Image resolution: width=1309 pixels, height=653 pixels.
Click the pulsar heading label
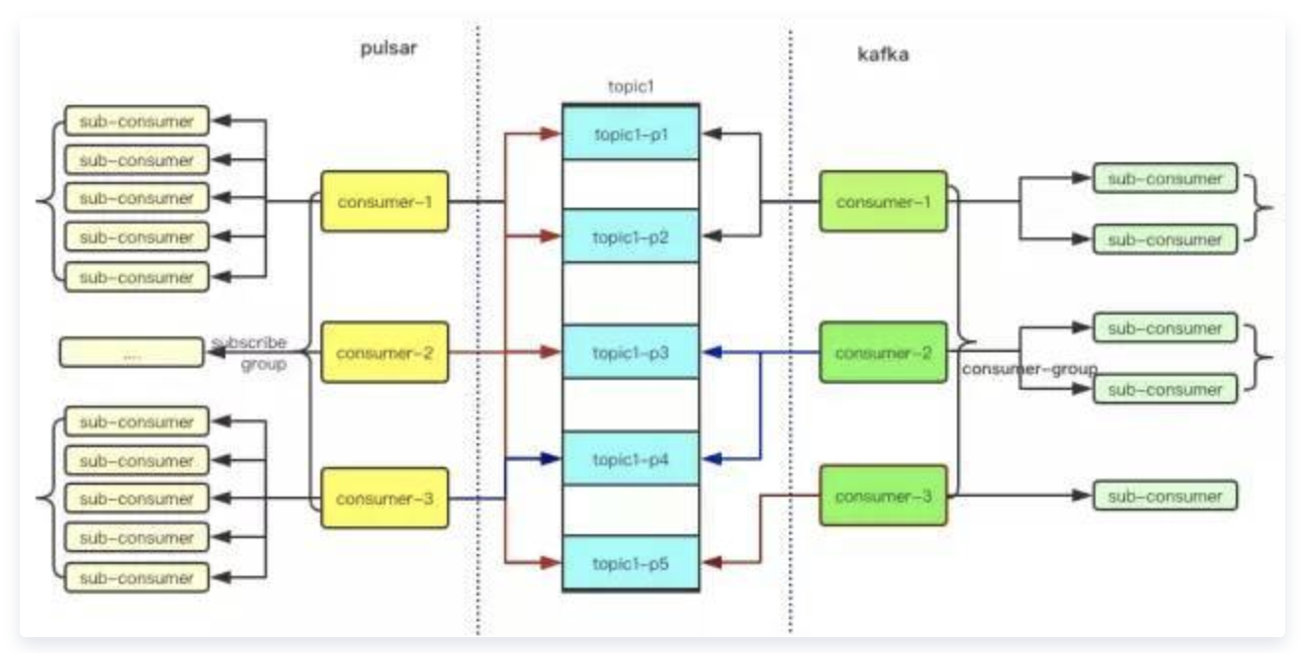coord(389,50)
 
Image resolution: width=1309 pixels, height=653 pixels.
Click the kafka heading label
coord(882,54)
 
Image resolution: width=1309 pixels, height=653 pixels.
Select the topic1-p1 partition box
coord(631,133)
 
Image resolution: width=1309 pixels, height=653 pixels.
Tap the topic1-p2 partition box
coord(631,236)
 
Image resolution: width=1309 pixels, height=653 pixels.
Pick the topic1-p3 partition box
coord(631,351)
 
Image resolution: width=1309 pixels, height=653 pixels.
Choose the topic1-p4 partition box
coord(631,458)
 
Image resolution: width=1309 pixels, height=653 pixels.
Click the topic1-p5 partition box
coord(631,563)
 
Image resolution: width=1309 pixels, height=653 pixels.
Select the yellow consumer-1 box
coord(385,202)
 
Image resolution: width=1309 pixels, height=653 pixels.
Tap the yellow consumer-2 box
coord(385,352)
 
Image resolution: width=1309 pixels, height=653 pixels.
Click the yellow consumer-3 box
coord(385,498)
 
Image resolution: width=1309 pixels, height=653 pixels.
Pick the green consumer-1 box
coord(883,202)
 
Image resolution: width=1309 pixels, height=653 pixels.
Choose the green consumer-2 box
coord(883,352)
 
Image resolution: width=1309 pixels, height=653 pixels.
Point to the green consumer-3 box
coord(883,495)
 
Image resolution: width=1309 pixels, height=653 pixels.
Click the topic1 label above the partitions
coord(631,86)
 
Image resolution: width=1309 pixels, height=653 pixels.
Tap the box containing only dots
coord(131,353)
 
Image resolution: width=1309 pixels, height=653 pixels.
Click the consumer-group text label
coord(1028,368)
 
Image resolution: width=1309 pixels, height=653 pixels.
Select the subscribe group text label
coord(251,352)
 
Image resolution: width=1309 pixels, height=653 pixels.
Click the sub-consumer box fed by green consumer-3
coord(1165,495)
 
